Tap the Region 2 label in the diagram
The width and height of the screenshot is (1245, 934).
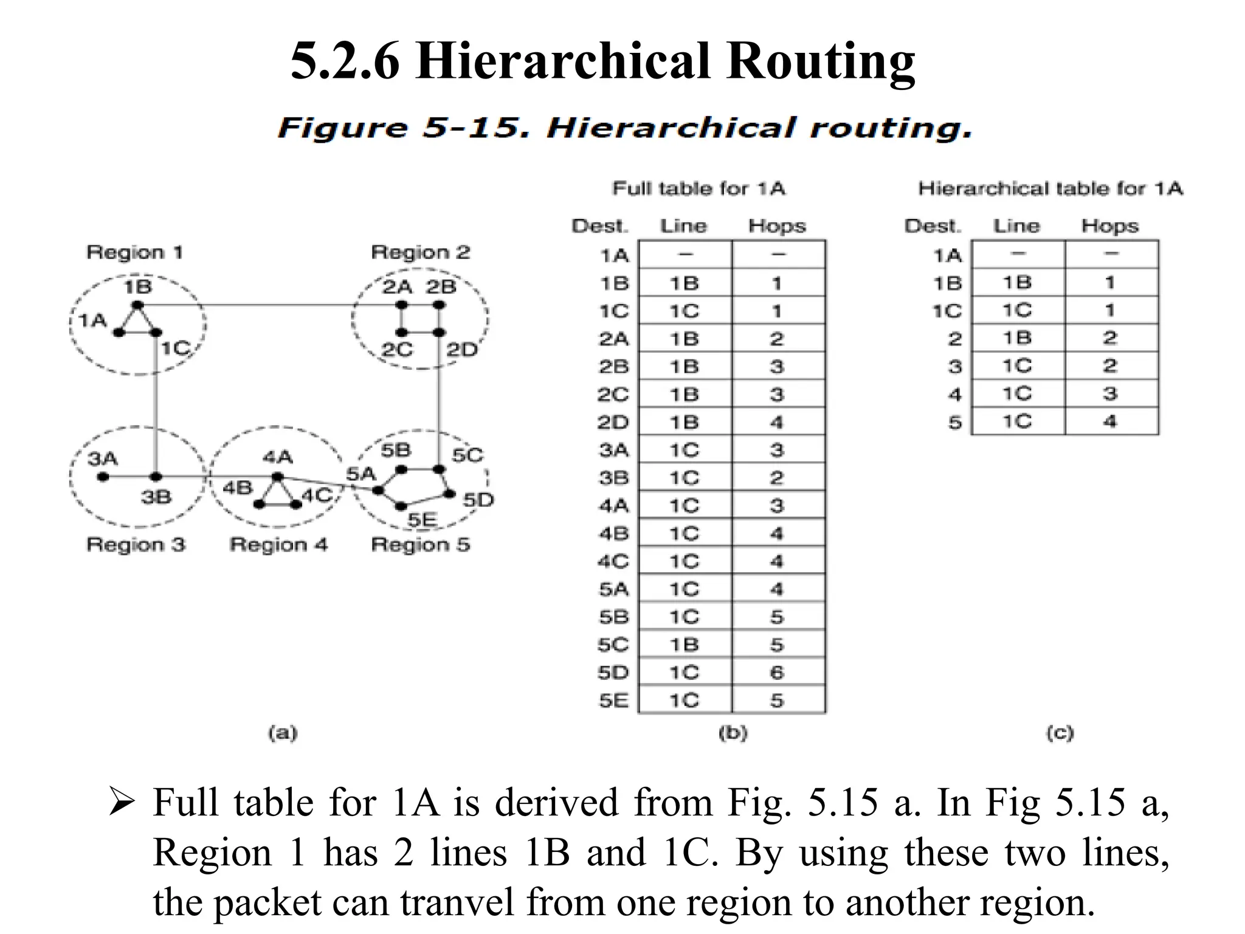pyautogui.click(x=421, y=252)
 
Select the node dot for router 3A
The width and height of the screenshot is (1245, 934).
pyautogui.click(x=103, y=477)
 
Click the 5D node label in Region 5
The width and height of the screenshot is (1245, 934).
pyautogui.click(x=478, y=500)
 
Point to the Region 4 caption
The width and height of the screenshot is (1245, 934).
pyautogui.click(x=278, y=544)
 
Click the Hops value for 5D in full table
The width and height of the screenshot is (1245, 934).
pyautogui.click(x=777, y=673)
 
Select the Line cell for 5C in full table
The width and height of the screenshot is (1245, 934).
pyautogui.click(x=685, y=645)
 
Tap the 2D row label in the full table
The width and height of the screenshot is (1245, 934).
pyautogui.click(x=613, y=422)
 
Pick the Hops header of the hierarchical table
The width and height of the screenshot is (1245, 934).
pyautogui.click(x=1109, y=226)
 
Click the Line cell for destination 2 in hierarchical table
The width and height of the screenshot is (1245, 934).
pyautogui.click(x=1017, y=338)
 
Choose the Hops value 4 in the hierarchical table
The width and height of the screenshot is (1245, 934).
pyautogui.click(x=1110, y=421)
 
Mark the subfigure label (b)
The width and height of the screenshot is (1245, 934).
pyautogui.click(x=733, y=733)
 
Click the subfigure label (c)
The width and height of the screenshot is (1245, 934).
pyautogui.click(x=1060, y=733)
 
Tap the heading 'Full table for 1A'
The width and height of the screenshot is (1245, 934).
pyautogui.click(x=698, y=189)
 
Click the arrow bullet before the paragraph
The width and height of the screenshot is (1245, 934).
pyautogui.click(x=121, y=802)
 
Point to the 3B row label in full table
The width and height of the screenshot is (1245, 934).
pyautogui.click(x=613, y=478)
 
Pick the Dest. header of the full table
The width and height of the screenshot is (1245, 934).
pyautogui.click(x=599, y=226)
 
